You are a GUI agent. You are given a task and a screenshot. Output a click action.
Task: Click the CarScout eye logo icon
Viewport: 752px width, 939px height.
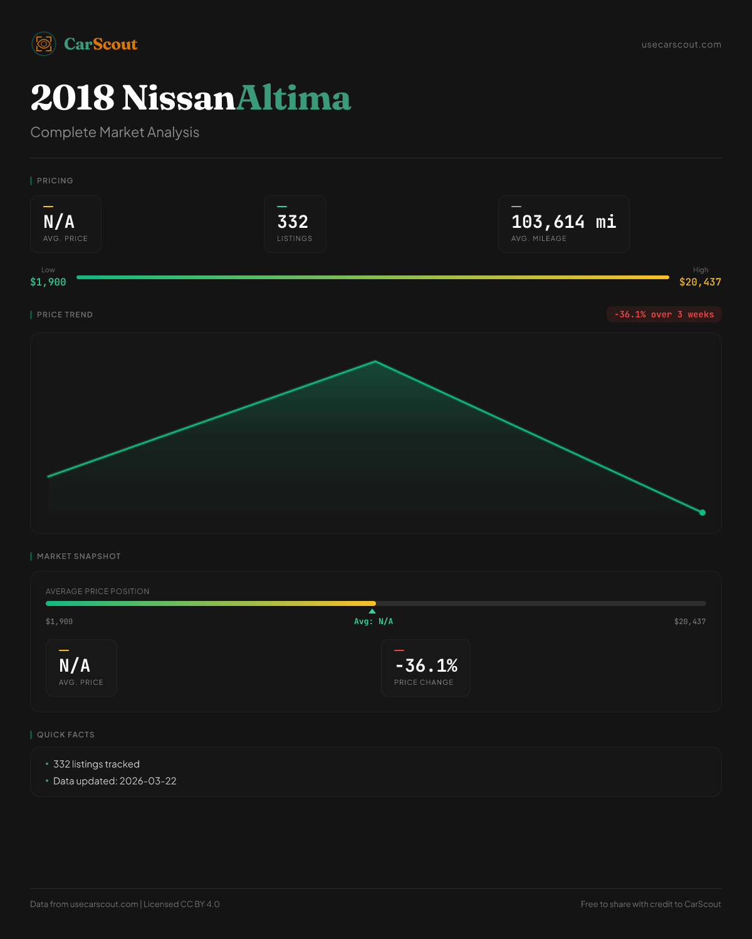[44, 44]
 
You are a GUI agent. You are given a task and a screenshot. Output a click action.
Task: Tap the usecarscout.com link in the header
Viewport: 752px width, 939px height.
[681, 44]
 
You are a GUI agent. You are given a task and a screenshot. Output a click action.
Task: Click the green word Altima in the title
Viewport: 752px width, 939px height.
[293, 98]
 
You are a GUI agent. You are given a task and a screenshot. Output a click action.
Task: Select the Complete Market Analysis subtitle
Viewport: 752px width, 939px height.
[115, 133]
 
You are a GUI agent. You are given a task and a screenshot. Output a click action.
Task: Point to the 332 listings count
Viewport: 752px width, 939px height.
[293, 222]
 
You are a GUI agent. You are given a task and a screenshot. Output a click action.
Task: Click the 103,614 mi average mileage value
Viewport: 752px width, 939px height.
[563, 222]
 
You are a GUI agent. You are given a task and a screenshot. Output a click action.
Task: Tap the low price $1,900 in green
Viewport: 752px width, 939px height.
[48, 282]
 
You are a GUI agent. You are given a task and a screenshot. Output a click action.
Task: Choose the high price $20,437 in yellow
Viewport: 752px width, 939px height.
[700, 282]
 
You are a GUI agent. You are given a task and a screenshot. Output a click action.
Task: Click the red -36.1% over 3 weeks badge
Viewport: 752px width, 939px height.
[664, 314]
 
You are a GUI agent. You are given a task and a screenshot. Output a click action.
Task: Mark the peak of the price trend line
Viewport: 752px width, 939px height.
[375, 361]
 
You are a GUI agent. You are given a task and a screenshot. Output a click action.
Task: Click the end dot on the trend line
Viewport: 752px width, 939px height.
[702, 513]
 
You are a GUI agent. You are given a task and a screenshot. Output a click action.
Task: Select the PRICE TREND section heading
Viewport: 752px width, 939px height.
[65, 315]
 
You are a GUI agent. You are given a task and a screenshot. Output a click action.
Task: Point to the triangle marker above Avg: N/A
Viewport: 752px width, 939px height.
[372, 611]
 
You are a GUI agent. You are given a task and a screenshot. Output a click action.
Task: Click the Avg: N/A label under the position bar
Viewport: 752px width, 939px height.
[373, 622]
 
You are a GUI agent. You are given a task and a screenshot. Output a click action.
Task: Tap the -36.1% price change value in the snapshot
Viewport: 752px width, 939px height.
[426, 666]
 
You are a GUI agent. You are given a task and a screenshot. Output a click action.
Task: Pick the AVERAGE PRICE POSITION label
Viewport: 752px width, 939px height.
[98, 592]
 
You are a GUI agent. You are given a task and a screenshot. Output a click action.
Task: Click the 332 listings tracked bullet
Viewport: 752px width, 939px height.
[97, 764]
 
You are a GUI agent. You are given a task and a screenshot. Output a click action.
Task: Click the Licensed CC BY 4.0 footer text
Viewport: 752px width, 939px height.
[182, 904]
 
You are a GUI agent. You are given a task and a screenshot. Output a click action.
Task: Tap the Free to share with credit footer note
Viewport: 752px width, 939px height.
[650, 904]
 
